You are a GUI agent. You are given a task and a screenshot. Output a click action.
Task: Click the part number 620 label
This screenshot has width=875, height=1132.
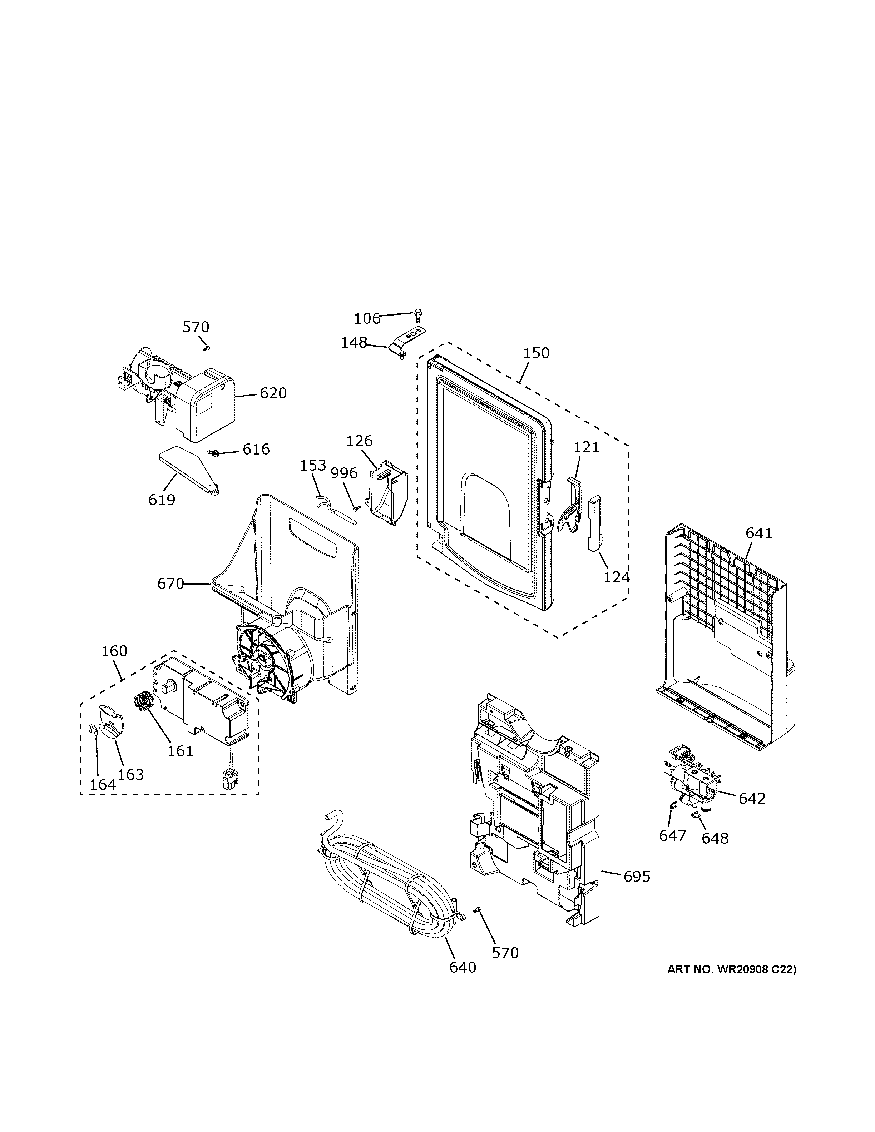273,393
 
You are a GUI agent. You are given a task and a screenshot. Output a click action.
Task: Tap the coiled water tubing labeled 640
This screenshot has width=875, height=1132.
384,890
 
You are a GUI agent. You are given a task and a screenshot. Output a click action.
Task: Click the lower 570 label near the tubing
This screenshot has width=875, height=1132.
505,953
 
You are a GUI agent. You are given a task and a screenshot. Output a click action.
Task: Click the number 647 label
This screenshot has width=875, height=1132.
672,835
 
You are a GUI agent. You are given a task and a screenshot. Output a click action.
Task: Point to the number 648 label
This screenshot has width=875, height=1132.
715,838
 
